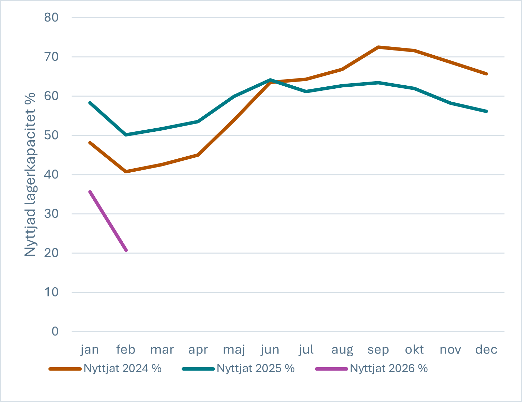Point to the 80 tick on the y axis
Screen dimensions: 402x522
(51, 17)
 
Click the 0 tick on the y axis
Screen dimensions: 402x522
(55, 331)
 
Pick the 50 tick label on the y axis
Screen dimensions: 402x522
(51, 135)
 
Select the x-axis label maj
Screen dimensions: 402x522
(234, 349)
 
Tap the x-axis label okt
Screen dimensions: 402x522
(414, 349)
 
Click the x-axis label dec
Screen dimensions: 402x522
(486, 349)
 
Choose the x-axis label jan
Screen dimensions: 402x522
(90, 349)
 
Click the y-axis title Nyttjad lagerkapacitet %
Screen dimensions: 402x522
(30, 174)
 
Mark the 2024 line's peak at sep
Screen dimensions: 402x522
(378, 47)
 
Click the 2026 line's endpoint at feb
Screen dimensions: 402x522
(126, 250)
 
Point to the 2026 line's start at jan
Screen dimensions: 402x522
(90, 192)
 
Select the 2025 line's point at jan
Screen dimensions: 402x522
(90, 103)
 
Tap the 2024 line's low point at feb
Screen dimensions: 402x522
(126, 172)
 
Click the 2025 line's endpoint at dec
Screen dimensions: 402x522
(486, 111)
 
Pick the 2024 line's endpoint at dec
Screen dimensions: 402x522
(486, 74)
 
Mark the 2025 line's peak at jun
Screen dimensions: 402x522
(270, 80)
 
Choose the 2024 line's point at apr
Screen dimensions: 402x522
(198, 155)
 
